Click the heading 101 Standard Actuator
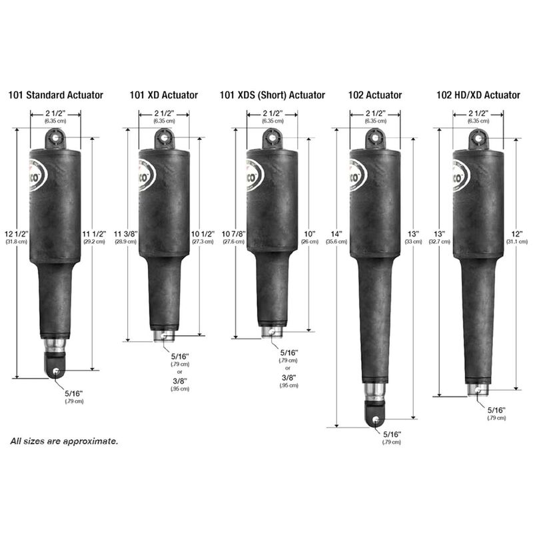pos(56,95)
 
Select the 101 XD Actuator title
pos(164,95)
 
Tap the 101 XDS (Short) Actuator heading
pos(272,95)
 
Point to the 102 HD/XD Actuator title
pos(478,95)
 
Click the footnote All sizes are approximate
pos(64,441)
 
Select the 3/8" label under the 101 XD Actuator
pos(180,380)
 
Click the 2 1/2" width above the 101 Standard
pos(55,113)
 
